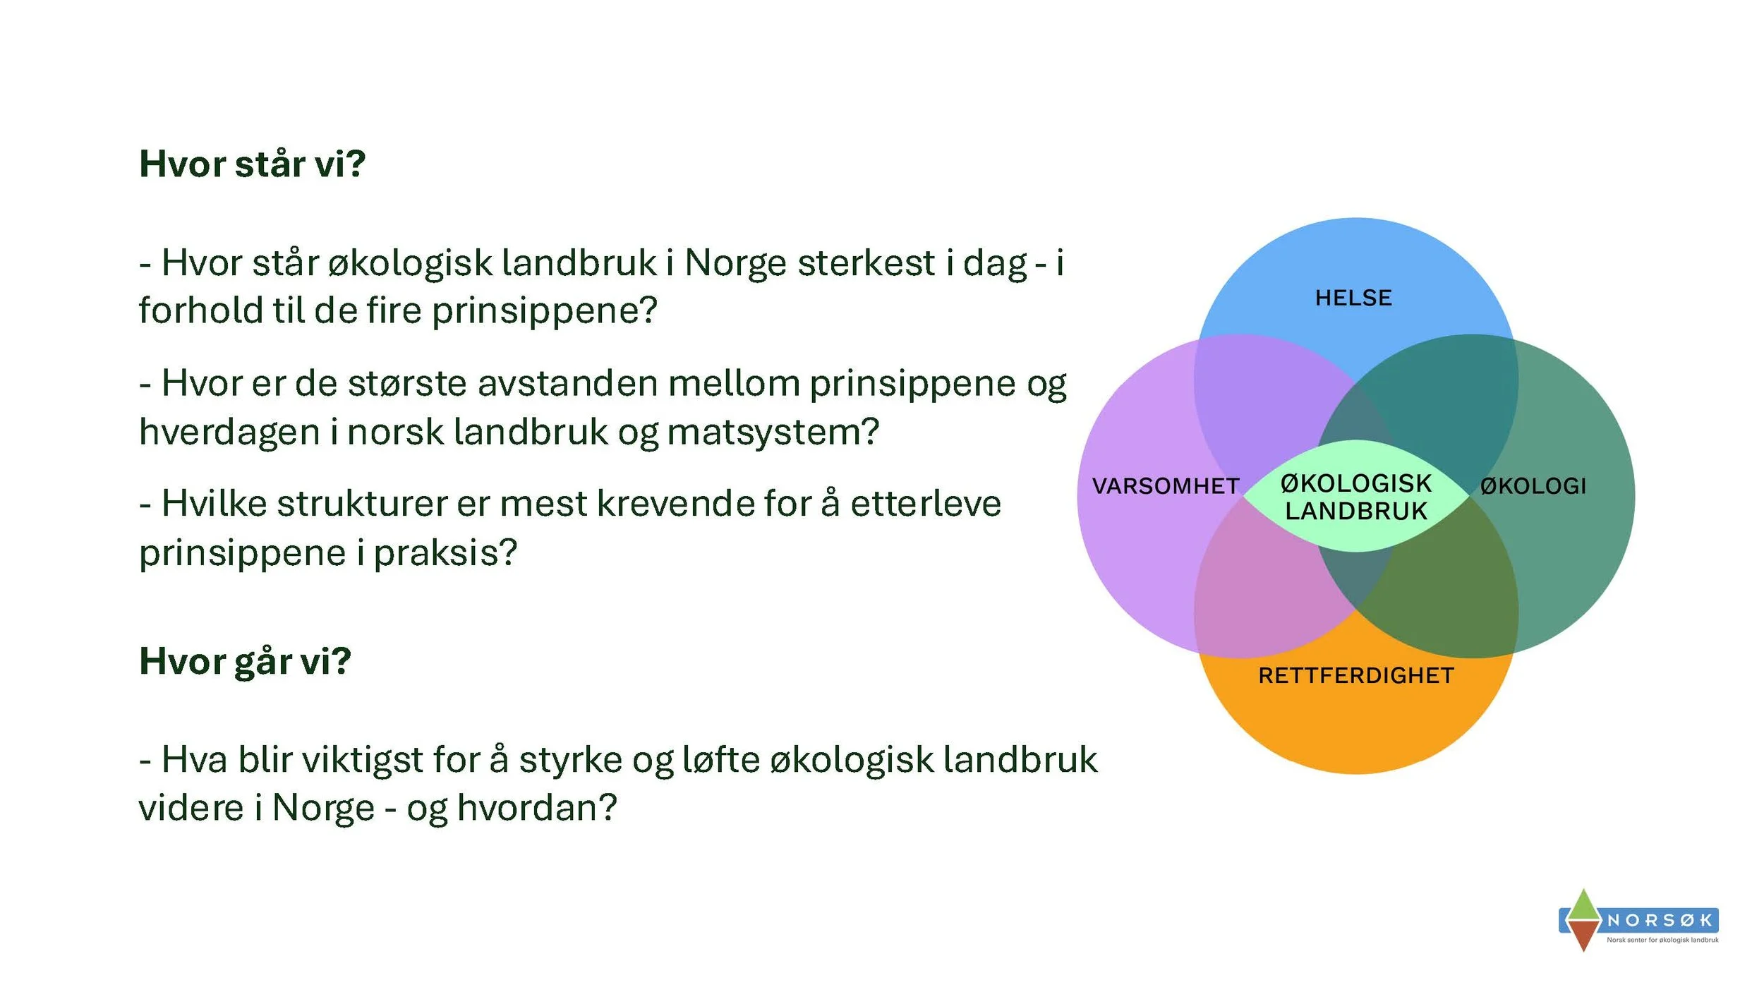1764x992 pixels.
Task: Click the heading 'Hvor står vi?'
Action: pyautogui.click(x=252, y=164)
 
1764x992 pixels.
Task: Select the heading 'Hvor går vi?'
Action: pyautogui.click(x=245, y=661)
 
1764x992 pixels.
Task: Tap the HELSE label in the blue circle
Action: pyautogui.click(x=1353, y=298)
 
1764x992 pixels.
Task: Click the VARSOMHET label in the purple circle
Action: pyautogui.click(x=1165, y=485)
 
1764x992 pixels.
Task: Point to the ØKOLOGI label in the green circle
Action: pyautogui.click(x=1533, y=485)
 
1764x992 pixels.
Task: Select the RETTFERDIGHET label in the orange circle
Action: pyautogui.click(x=1355, y=675)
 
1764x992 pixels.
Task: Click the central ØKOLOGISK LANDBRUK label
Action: pyautogui.click(x=1355, y=497)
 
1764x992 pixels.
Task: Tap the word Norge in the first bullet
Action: pyautogui.click(x=735, y=263)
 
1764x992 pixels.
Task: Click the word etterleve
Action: pyautogui.click(x=925, y=504)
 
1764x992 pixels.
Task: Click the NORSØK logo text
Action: pyautogui.click(x=1660, y=920)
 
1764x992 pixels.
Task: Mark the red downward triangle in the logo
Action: pyautogui.click(x=1584, y=938)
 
